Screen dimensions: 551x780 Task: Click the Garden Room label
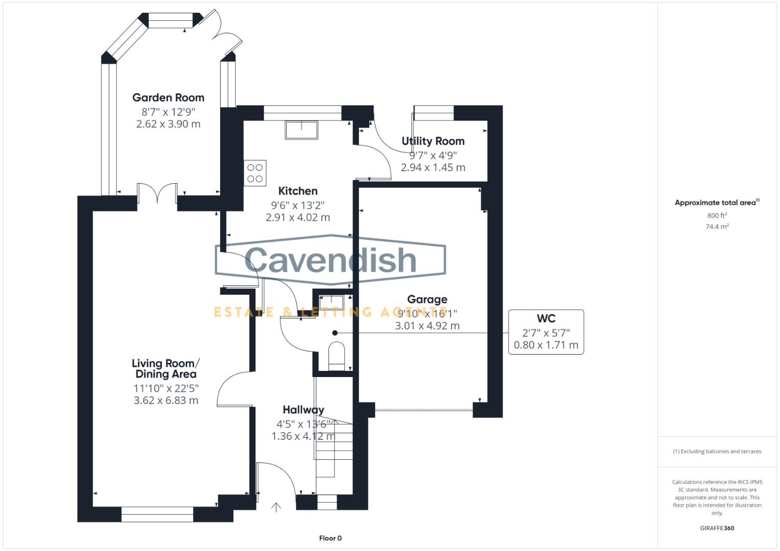coord(168,97)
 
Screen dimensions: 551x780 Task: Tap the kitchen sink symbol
coord(301,130)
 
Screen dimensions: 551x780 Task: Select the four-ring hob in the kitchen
coord(255,173)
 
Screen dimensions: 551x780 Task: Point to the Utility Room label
coord(433,141)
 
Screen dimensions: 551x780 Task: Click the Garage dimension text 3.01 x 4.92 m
coord(427,325)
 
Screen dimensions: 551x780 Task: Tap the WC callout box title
coord(546,319)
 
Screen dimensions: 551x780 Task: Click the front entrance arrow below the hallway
coord(276,507)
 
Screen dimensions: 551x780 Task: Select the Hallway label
coord(303,410)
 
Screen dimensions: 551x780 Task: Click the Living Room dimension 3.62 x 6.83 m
coord(166,400)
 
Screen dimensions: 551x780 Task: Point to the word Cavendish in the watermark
coord(330,260)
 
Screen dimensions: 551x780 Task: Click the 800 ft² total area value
coord(717,215)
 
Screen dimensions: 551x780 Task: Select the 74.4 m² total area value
coord(717,227)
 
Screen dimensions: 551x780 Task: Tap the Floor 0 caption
coord(330,538)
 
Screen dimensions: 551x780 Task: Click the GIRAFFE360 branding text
coord(717,528)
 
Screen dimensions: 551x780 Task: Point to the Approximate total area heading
coord(716,203)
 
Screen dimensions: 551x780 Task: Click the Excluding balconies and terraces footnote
coord(717,452)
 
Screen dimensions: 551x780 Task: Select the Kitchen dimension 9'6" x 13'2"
coord(297,205)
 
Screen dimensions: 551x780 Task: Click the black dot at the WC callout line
coord(335,333)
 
